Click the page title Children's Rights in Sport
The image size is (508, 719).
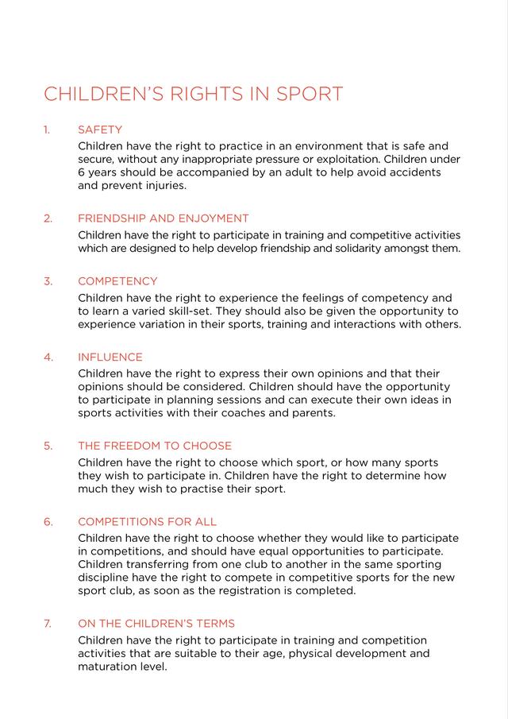[x=193, y=94]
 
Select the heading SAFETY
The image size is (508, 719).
[x=100, y=129]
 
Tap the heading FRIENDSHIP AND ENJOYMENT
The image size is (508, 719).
[x=163, y=218]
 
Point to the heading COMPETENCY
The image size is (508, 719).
[x=117, y=281]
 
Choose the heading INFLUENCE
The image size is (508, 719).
[x=110, y=358]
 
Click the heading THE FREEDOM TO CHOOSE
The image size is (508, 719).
[x=155, y=446]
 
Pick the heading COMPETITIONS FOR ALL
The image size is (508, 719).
[x=147, y=522]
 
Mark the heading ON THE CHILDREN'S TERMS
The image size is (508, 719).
[x=156, y=624]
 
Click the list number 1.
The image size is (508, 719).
[x=47, y=129]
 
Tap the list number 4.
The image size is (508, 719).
[x=48, y=358]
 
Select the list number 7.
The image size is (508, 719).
[x=48, y=624]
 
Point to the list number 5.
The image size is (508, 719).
[x=48, y=446]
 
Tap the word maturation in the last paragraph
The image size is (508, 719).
[x=110, y=667]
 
